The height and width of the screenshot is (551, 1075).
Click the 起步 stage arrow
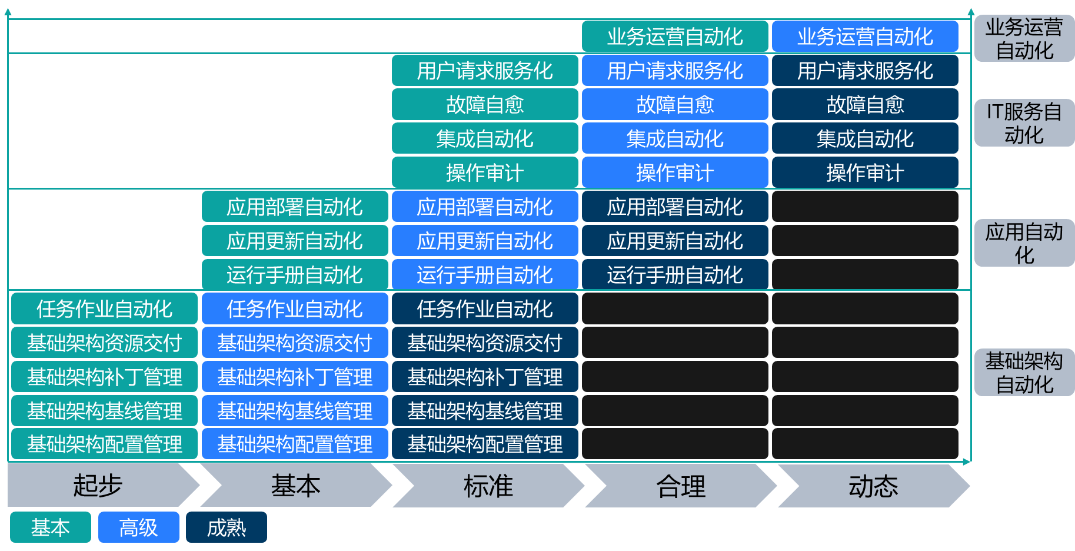tap(98, 486)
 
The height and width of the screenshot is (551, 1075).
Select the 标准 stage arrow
tap(488, 486)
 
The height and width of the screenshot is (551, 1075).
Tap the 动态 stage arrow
tap(873, 486)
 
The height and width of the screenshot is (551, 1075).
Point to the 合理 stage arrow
tap(681, 486)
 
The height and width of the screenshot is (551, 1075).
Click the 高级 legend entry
tap(138, 527)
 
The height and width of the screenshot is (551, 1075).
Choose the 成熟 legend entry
tap(227, 527)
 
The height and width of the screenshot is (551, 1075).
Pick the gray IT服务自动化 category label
tap(1024, 123)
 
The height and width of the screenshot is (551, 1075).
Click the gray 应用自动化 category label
tap(1024, 243)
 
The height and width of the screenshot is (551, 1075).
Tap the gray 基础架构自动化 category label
tap(1024, 372)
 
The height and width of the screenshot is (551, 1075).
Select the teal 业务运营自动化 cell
tap(675, 36)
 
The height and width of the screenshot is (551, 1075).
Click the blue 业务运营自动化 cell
tap(865, 36)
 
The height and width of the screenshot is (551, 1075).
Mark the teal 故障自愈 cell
tap(485, 105)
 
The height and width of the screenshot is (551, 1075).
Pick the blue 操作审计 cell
tap(675, 173)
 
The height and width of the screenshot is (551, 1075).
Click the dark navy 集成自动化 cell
tap(865, 139)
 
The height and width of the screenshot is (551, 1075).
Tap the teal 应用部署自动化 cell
tap(295, 207)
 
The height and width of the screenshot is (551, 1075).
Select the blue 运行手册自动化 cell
tap(485, 275)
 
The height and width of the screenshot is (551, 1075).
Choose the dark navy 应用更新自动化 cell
tap(675, 241)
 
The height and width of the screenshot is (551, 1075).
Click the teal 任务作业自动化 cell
tap(104, 309)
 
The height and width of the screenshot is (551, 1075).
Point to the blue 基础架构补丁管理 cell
tap(295, 377)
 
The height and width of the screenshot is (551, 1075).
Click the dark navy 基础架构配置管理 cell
tap(485, 444)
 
